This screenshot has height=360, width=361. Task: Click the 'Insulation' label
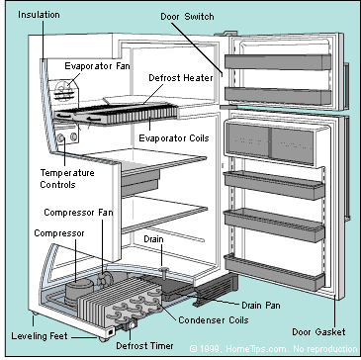coord(39,15)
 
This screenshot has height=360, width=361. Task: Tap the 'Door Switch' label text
coord(187,17)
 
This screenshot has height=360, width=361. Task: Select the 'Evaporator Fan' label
coord(97,66)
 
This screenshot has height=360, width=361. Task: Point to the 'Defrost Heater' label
coord(181,78)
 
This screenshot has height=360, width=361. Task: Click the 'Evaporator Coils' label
coord(174,137)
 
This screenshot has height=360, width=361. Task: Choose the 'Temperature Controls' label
coord(67,178)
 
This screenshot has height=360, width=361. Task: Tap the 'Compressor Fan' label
coord(78,213)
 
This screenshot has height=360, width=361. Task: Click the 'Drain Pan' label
coord(261,306)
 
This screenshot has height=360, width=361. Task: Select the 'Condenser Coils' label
coord(214,319)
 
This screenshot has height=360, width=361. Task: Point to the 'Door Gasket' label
coord(318,331)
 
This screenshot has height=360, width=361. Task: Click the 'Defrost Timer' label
coord(144,346)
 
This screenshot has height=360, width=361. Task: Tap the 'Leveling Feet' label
coord(40,336)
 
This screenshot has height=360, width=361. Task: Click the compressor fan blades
coord(106,280)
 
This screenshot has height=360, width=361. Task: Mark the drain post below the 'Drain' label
coord(164,273)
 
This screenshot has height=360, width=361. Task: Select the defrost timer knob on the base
coord(133,325)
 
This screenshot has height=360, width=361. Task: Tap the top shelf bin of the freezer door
coord(278,62)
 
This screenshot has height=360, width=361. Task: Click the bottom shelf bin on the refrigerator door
coord(274,273)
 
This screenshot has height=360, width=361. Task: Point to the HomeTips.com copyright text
coord(274,349)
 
